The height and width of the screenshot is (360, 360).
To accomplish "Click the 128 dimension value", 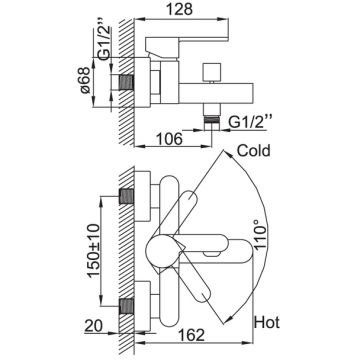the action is pos(180,9).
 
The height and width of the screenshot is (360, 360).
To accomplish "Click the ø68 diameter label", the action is pos(85,80).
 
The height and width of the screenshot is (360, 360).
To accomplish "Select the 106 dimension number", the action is pos(169,139).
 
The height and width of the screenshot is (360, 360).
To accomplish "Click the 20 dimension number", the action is pos(93,327).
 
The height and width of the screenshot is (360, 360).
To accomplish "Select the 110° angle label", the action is pos(260,234).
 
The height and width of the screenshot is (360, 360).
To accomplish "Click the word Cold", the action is pos(253,151).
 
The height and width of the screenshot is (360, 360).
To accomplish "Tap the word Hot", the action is pos(267,322).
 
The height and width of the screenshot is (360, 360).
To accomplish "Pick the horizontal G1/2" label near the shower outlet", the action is pos(247,123).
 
